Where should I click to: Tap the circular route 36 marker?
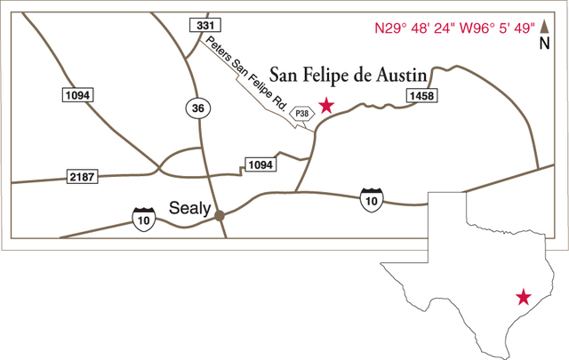[x=198, y=108]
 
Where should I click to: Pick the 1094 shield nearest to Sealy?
[x=260, y=164]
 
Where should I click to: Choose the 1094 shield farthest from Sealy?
[x=78, y=94]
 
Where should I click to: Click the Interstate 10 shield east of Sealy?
[x=372, y=199]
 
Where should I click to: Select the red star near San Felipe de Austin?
[x=326, y=106]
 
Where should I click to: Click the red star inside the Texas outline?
[x=524, y=296]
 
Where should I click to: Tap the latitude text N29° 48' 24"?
[x=412, y=28]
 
